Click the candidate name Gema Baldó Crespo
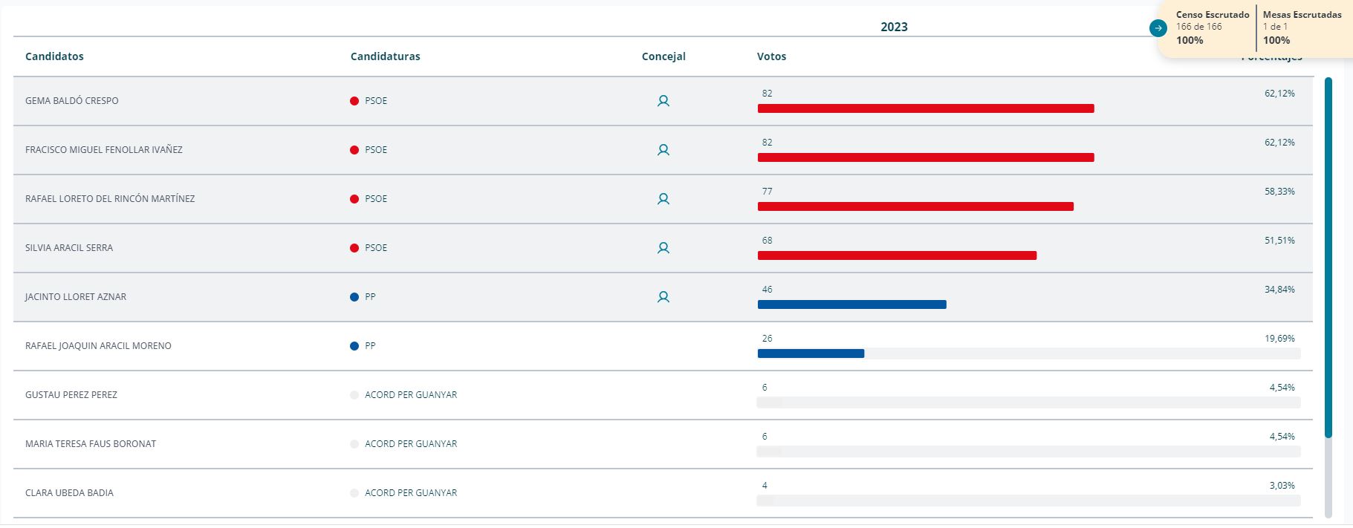tap(72, 101)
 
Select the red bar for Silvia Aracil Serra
tap(897, 255)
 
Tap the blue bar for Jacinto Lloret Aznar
tap(851, 304)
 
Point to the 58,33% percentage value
tap(1279, 192)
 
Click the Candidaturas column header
tap(385, 56)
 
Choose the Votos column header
tap(771, 56)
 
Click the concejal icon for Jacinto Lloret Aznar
tap(663, 297)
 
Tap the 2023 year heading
tap(894, 27)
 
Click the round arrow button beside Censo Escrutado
tap(1158, 28)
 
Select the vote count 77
tap(767, 192)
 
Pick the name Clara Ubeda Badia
tap(69, 493)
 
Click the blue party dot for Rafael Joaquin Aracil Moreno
tap(354, 346)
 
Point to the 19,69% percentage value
tap(1279, 339)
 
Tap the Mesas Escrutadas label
tap(1302, 15)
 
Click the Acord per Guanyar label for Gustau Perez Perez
tap(411, 395)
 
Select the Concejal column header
tap(663, 56)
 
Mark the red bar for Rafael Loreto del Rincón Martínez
tap(915, 206)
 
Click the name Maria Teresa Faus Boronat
tap(91, 444)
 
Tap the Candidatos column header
tap(54, 56)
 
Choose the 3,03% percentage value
tap(1282, 486)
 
